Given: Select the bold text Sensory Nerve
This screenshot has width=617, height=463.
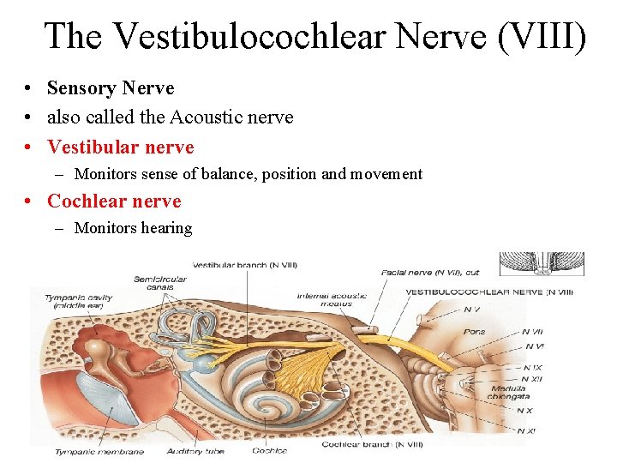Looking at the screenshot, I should coord(111,88).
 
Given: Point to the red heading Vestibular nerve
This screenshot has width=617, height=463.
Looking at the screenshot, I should coord(121,147).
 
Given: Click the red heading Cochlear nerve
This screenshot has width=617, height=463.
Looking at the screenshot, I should coord(114,201).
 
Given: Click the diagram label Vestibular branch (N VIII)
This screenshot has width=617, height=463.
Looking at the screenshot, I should coord(244,264).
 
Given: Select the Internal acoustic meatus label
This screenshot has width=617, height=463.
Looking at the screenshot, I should coord(332,299).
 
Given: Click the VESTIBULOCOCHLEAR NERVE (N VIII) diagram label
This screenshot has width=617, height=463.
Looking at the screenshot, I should coord(489,292).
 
